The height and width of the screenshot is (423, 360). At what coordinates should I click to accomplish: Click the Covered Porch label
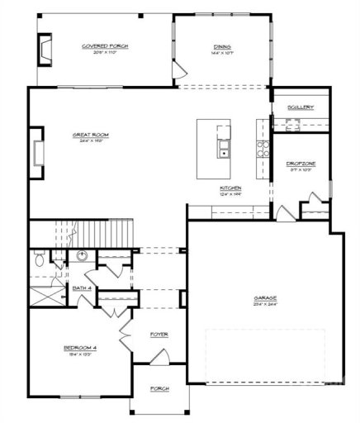coord(106,46)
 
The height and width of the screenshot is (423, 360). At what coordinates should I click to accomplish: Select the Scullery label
coord(300,107)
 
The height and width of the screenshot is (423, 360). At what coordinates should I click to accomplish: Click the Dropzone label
coord(300,164)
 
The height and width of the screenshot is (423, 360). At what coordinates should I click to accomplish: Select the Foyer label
coord(159,335)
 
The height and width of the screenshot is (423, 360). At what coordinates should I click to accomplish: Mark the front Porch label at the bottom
coord(159,388)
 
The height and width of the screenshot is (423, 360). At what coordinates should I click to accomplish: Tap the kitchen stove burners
coord(264,150)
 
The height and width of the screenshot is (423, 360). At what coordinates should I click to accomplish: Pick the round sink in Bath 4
coord(83,255)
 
